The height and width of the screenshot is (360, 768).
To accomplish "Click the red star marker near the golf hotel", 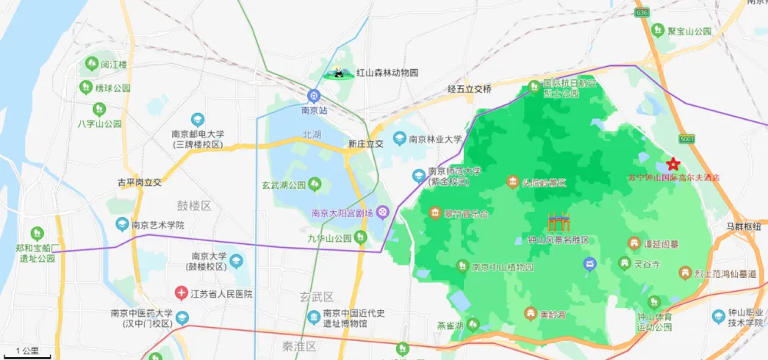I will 673,163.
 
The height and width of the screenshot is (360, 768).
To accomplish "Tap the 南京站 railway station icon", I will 313,96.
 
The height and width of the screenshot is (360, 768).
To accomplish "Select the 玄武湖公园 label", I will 284,185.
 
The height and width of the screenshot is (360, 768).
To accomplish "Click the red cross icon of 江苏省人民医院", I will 181,293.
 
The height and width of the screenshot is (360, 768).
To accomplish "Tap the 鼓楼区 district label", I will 194,206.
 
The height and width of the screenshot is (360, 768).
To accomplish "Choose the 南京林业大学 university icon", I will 399,139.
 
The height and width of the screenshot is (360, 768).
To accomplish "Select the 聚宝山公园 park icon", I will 657,31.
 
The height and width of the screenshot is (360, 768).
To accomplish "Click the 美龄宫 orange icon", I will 530,313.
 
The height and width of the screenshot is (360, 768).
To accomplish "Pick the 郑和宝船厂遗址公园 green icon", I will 36,233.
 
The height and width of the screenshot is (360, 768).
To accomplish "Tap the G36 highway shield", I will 642,12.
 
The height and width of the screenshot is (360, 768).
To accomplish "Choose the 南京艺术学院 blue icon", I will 121,225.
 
